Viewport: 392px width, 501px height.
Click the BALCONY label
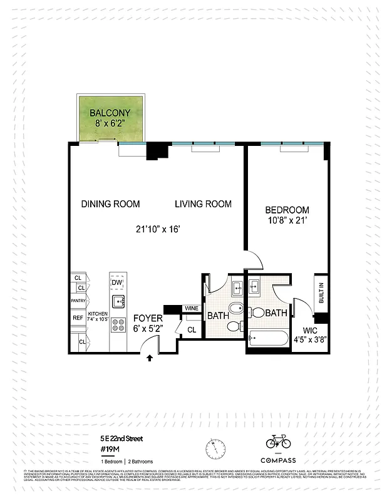coord(110,113)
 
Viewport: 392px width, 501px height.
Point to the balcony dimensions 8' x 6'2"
coord(110,124)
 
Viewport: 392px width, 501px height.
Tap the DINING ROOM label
coord(110,204)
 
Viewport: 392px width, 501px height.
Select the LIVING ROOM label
coord(203,204)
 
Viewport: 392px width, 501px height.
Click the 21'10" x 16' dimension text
coord(159,229)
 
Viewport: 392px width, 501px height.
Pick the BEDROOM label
coord(287,210)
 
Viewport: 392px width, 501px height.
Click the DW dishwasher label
coord(116,283)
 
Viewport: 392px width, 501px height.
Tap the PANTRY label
coord(78,301)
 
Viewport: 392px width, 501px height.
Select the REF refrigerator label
coord(78,318)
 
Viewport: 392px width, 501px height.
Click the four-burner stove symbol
coord(117,324)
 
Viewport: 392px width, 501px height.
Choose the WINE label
coord(191,309)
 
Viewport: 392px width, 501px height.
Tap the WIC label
coord(311,329)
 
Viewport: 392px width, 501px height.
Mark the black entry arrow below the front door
coord(149,358)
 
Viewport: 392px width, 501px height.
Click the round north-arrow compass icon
coord(215,448)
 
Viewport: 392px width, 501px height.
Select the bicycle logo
coord(278,442)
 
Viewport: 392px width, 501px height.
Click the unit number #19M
coord(111,449)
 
